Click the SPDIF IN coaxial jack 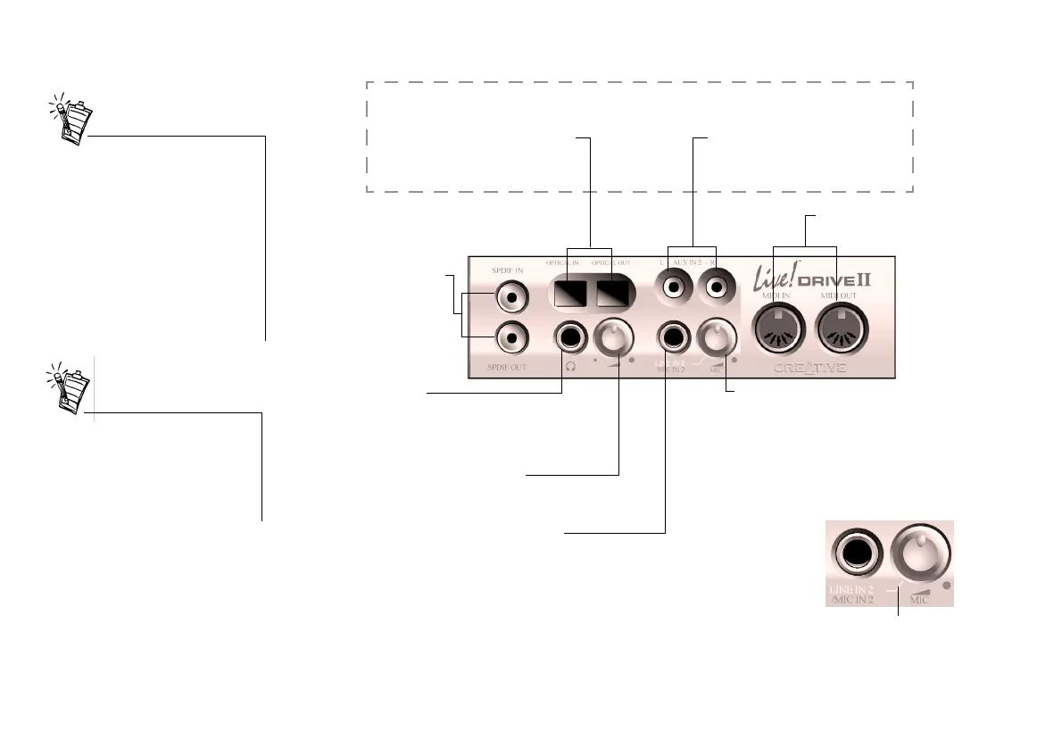coord(510,295)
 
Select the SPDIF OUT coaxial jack coord(510,337)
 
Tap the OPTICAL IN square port coord(567,293)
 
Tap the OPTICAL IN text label coord(562,263)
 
